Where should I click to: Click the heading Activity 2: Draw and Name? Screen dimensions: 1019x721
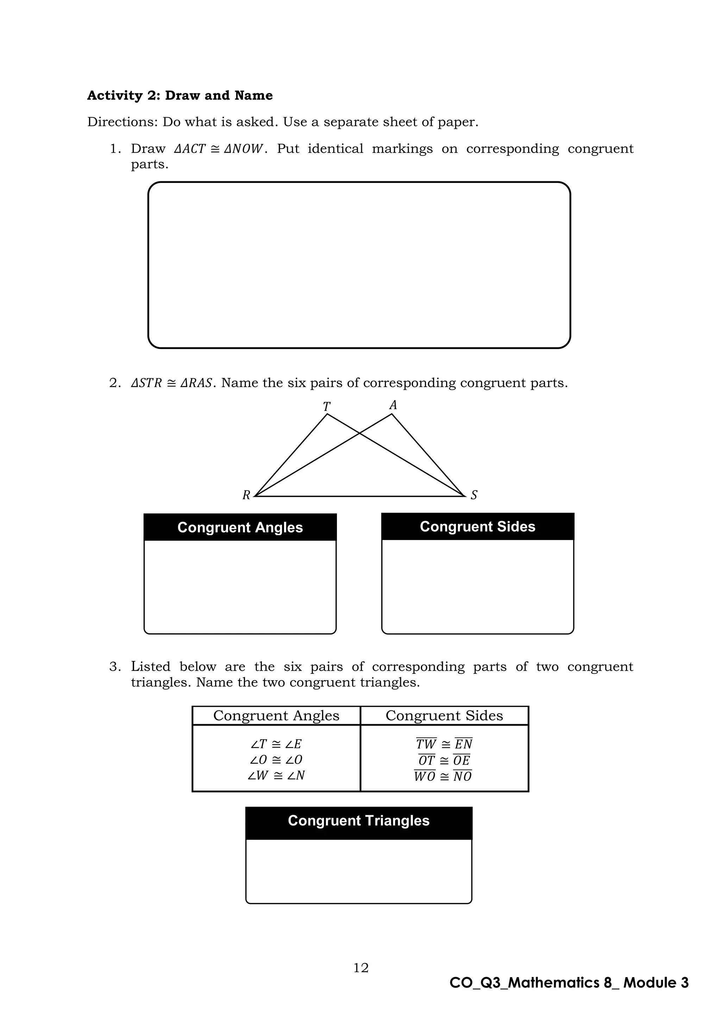(x=180, y=95)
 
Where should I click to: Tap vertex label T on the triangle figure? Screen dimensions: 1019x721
(x=327, y=406)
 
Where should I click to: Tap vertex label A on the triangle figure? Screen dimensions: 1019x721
(x=393, y=405)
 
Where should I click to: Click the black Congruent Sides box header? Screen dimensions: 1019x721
(x=478, y=526)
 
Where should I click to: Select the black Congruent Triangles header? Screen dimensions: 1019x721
(x=359, y=821)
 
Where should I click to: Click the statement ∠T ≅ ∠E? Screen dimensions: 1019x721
(x=276, y=744)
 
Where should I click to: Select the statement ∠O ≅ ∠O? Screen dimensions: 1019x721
(x=276, y=759)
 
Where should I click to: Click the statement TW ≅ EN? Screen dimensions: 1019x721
(x=444, y=744)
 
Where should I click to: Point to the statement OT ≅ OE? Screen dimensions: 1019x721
(x=444, y=760)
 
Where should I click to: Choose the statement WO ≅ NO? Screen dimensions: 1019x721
(x=443, y=776)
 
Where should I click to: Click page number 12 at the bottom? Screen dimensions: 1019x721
(x=361, y=968)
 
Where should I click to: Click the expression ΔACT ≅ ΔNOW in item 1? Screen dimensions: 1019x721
(x=220, y=149)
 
